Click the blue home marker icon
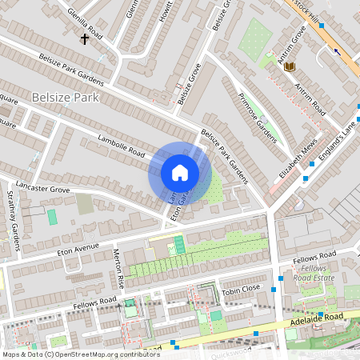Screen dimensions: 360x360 tap(180, 173)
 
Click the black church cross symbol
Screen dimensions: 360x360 tap(84, 38)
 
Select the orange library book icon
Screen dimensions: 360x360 tap(290, 66)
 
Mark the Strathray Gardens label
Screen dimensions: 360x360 tap(13, 215)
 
